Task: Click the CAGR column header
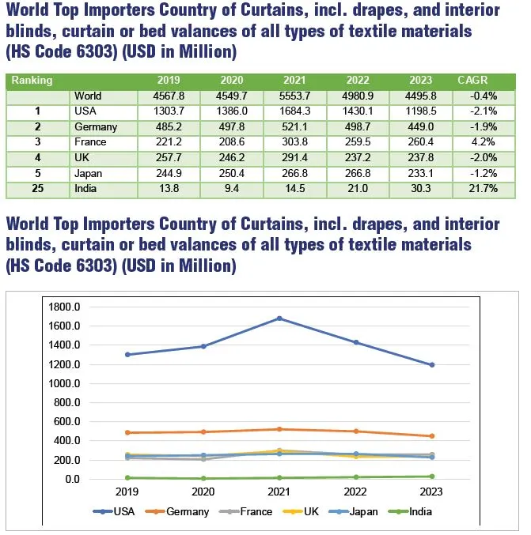point(472,80)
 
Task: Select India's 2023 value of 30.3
point(420,190)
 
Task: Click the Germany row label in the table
point(95,127)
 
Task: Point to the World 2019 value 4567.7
point(169,96)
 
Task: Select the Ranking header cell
point(32,80)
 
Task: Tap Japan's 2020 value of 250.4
point(230,174)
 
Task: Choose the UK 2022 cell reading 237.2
point(356,158)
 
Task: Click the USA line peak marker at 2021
point(279,318)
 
